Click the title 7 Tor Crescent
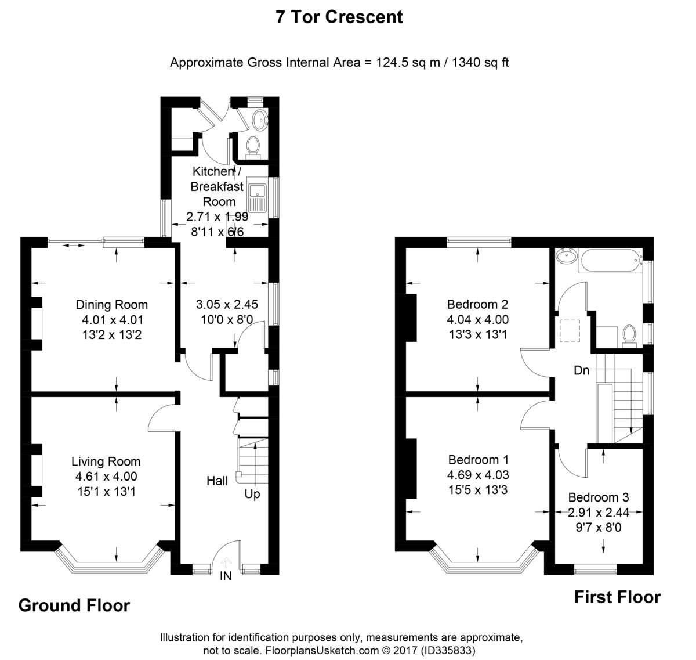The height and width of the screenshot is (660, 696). pos(339,17)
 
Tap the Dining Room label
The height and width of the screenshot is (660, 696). pos(111,305)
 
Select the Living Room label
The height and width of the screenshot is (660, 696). pos(106,461)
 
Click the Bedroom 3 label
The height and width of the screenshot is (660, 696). pos(599,497)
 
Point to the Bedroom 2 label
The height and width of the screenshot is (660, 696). pos(477,304)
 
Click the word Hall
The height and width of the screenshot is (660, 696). pos(217,481)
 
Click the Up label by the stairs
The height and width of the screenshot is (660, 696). pos(252,495)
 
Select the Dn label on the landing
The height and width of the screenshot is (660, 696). pos(581,370)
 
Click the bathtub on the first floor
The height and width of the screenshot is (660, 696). pos(610,261)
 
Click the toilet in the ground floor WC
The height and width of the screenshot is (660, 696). pos(253,148)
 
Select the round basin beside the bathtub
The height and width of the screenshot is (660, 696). pos(566,256)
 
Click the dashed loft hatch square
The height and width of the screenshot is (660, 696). pos(570,331)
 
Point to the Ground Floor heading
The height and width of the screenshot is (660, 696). pos(74,605)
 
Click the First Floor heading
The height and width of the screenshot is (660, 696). pos(617,597)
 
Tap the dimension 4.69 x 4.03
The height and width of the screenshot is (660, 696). pos(477,475)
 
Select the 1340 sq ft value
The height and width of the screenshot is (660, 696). pos(480,62)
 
